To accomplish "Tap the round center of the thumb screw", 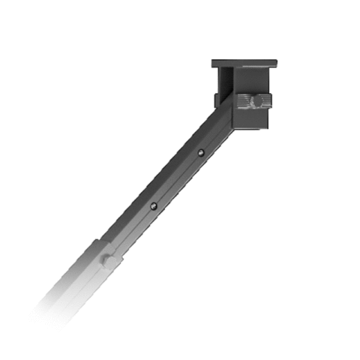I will (254, 100).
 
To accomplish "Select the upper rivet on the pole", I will (201, 154).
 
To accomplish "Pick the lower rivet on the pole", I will (153, 205).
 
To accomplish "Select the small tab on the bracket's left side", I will (217, 100).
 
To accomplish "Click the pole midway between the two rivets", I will (177, 179).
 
